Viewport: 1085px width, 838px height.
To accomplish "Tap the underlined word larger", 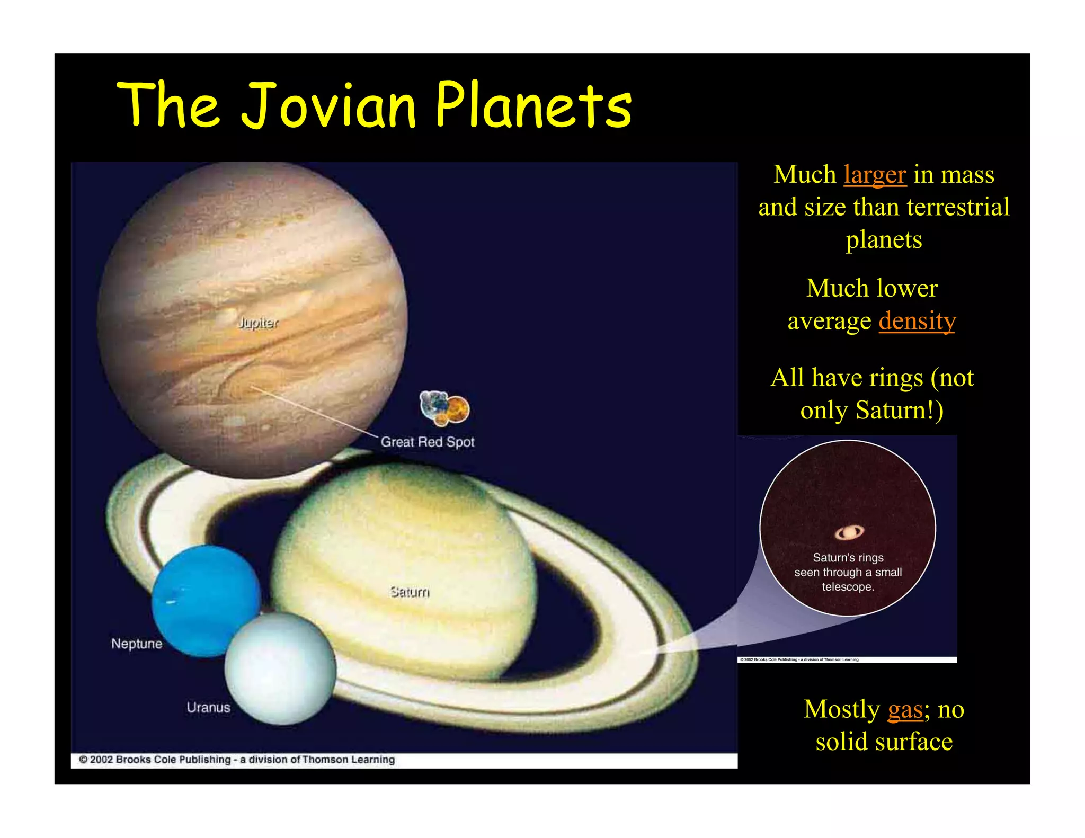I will tap(875, 175).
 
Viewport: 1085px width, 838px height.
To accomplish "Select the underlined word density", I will tap(917, 321).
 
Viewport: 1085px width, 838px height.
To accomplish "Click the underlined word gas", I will tap(905, 709).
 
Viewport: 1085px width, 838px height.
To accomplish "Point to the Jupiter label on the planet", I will tap(258, 323).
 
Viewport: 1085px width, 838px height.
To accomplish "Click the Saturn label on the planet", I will tap(410, 592).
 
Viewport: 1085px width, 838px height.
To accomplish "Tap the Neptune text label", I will tap(137, 644).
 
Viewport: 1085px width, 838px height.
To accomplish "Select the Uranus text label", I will tap(208, 708).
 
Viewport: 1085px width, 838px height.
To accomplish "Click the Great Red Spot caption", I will tap(428, 442).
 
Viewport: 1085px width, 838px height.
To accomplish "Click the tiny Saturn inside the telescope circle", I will tap(849, 532).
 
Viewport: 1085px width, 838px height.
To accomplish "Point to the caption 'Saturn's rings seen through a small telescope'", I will tap(848, 572).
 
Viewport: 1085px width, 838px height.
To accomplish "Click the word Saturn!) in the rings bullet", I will tap(900, 411).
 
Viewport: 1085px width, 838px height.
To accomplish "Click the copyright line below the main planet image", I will tap(237, 760).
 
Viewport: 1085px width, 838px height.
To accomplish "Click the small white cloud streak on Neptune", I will tap(171, 602).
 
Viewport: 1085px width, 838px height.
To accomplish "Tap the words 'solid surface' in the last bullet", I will tap(884, 742).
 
